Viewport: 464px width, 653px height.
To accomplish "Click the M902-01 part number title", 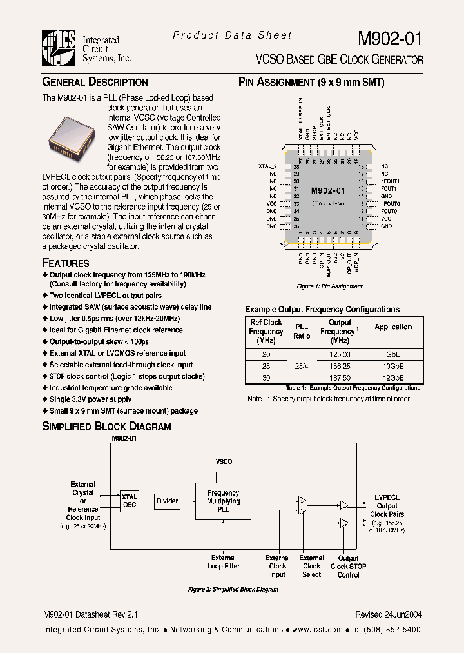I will [390, 38].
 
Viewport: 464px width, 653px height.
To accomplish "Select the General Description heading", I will [95, 82].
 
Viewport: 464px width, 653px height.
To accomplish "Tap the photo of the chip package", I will [72, 134].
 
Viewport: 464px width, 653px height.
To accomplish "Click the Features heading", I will [66, 263].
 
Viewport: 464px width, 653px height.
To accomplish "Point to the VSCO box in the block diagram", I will [223, 462].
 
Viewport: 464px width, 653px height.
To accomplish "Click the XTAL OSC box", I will [129, 501].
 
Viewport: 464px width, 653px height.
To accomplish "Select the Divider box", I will [168, 501].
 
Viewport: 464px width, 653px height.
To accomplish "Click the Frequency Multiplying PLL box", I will [223, 501].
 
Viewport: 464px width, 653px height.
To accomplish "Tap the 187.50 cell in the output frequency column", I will [340, 377].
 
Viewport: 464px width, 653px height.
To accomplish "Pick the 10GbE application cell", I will [392, 366].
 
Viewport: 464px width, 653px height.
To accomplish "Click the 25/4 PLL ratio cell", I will [302, 366].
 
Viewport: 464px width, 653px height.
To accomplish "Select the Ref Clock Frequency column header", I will [266, 331].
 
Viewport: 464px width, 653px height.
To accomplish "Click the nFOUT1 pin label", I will [390, 181].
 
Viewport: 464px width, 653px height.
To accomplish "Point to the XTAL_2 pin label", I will [267, 166].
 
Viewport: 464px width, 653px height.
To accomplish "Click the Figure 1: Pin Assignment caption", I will [329, 286].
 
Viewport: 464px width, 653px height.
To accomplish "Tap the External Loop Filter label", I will [224, 562].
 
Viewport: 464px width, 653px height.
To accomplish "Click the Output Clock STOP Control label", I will [348, 567].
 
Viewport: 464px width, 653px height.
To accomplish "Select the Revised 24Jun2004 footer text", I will [388, 615].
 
